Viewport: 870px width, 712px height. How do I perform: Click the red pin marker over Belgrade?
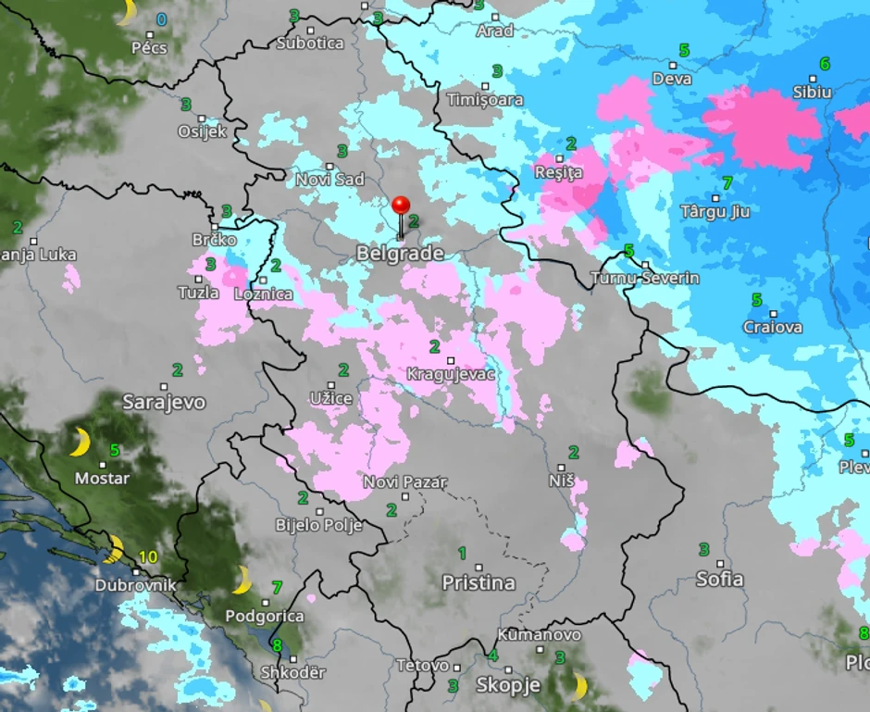tap(401, 206)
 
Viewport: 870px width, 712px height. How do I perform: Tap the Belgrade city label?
tap(400, 254)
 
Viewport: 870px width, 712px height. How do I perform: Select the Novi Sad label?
tap(329, 180)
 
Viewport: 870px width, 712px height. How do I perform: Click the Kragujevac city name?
tap(451, 375)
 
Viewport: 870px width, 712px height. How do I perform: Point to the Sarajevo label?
tap(164, 402)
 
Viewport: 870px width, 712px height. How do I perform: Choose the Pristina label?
tap(478, 583)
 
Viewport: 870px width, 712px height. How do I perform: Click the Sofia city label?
tap(719, 579)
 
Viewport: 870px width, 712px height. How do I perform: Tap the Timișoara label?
tap(485, 99)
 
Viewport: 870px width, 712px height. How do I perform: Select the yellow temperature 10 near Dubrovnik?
tap(148, 556)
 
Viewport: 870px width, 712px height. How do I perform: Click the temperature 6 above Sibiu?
tap(824, 64)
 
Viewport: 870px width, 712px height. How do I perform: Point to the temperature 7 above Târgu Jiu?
tap(727, 182)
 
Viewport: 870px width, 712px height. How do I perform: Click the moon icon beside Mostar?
tap(81, 442)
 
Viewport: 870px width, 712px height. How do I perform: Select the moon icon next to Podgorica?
tap(242, 580)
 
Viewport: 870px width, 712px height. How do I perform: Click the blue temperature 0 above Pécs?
tap(162, 19)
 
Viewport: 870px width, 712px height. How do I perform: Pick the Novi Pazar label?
tap(404, 482)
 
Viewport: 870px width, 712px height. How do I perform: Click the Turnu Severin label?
tap(645, 278)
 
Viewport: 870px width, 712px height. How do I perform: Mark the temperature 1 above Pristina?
tap(462, 554)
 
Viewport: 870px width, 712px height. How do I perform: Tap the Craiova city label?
tap(773, 327)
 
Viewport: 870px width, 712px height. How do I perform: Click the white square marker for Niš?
tap(562, 468)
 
